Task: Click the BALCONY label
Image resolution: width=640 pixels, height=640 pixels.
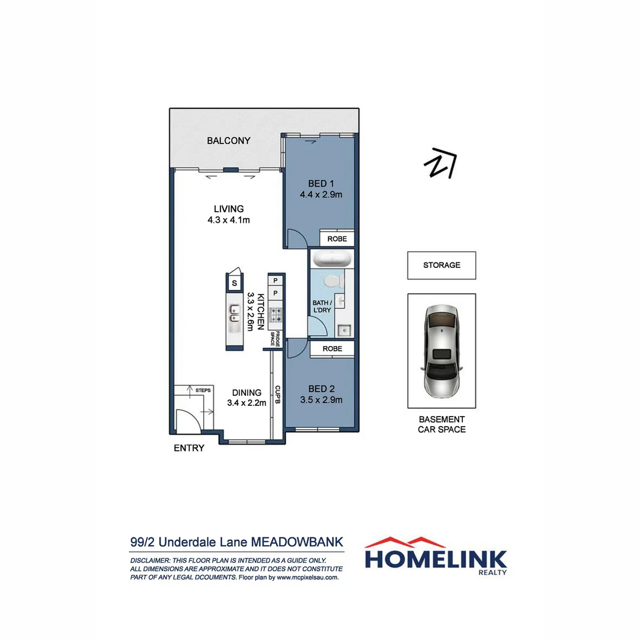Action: click(228, 141)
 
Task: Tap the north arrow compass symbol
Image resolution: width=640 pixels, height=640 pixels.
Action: click(441, 162)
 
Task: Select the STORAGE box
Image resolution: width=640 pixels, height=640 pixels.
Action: click(441, 265)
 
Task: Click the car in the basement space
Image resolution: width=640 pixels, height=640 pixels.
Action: click(441, 353)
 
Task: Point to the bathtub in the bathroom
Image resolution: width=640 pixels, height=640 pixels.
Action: click(332, 260)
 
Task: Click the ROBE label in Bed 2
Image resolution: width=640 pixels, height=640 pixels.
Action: click(332, 349)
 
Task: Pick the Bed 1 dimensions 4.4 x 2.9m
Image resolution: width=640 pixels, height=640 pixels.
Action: click(321, 193)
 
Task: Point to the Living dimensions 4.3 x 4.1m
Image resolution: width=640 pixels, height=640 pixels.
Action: click(229, 220)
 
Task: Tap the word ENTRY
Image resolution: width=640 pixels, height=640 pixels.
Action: click(188, 448)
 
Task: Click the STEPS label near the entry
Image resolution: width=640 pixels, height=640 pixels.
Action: click(203, 391)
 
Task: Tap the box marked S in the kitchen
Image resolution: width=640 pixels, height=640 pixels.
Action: click(235, 283)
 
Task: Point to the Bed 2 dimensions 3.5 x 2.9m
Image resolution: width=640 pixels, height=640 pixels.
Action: click(321, 399)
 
